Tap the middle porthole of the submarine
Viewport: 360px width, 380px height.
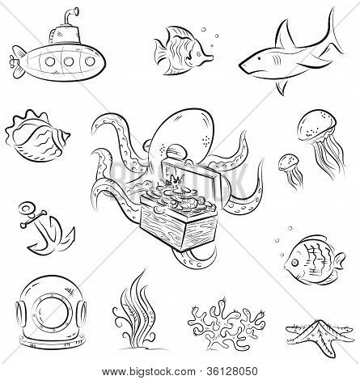pos(69,61)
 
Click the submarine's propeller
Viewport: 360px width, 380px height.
pos(13,62)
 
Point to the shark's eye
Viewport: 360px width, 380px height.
pos(259,59)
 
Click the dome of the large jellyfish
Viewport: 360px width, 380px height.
pos(317,125)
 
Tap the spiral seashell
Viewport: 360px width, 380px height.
pos(37,136)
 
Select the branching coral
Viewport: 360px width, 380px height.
pos(227,323)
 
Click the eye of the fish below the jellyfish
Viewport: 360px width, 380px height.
pos(294,262)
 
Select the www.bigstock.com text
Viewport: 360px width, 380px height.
pos(149,372)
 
